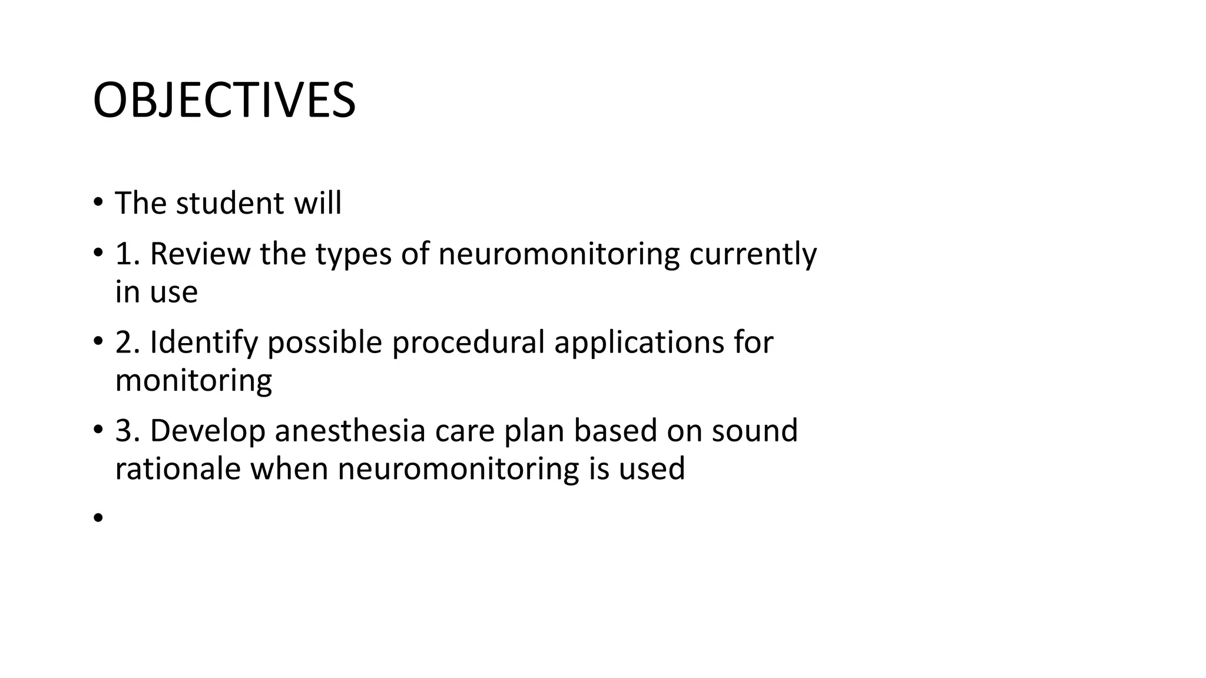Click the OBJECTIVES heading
pos(224,100)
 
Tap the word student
pos(230,203)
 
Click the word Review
pos(200,254)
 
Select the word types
pos(353,255)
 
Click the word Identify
pos(204,343)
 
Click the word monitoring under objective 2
pos(193,381)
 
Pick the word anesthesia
pos(350,431)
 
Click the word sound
pos(754,431)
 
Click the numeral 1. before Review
pos(127,254)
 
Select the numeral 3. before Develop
pos(127,431)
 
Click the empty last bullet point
pos(98,517)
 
